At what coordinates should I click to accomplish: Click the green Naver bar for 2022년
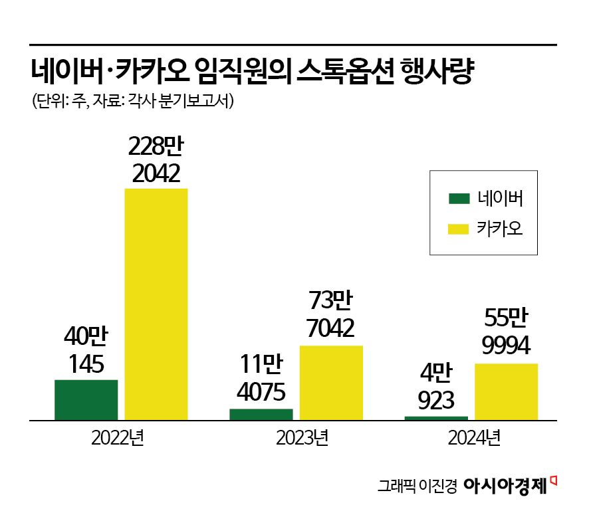(x=86, y=399)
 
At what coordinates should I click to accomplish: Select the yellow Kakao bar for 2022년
(x=156, y=304)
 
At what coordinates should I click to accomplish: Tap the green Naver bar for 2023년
(x=261, y=414)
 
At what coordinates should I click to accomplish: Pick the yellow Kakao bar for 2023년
(x=331, y=383)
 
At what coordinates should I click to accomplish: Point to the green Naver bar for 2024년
(x=435, y=418)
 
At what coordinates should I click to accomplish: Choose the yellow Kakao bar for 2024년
(x=506, y=391)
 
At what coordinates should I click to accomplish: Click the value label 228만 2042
(x=156, y=159)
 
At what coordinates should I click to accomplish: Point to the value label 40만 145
(x=86, y=351)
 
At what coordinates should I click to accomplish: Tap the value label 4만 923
(x=435, y=387)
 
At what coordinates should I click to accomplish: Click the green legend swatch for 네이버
(x=458, y=198)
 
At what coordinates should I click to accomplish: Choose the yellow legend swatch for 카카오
(x=458, y=229)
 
